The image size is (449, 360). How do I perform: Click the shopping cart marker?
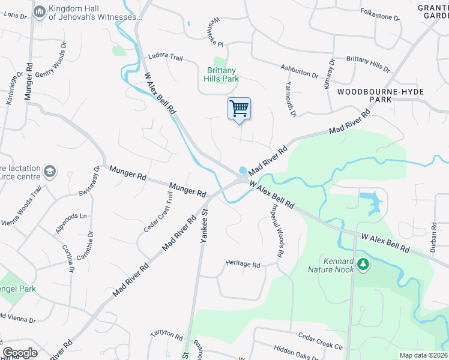click(x=239, y=109)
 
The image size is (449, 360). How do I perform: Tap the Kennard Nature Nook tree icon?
click(x=363, y=264)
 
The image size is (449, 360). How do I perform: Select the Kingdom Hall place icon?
click(x=40, y=11)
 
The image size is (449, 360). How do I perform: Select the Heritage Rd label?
click(x=243, y=264)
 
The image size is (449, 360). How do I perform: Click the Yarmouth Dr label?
click(x=291, y=98)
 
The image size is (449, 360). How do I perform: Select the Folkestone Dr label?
click(x=379, y=14)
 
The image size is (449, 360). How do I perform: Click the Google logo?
click(x=20, y=353)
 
